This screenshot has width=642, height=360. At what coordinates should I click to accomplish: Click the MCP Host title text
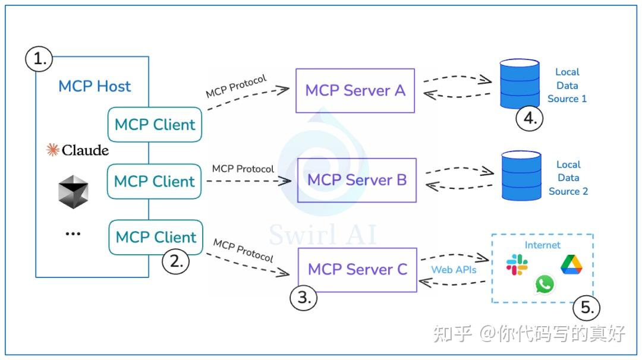95,86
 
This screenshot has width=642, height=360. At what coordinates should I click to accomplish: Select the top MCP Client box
155,125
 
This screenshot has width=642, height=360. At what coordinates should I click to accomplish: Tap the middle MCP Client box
155,181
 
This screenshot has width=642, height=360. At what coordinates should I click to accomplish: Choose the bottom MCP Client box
156,237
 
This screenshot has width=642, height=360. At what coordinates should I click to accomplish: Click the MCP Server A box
355,90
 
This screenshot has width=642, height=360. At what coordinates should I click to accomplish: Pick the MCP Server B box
357,179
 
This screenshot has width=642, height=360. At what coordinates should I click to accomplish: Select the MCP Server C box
357,269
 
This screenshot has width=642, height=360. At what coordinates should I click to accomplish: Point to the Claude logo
78,150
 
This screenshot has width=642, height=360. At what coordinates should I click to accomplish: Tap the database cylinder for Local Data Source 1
520,83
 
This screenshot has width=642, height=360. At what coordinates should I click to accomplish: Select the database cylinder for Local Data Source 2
521,175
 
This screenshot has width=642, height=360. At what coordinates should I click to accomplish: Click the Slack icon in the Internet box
517,264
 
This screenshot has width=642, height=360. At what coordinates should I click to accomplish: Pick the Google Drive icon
571,264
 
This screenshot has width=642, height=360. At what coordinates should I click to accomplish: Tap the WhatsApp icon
545,284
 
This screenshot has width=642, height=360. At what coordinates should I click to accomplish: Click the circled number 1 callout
39,59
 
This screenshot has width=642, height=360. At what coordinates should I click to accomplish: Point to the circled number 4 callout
530,118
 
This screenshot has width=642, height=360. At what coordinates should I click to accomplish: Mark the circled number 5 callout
586,308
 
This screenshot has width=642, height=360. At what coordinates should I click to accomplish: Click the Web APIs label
454,270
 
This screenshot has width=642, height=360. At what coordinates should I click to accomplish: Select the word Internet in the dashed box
542,245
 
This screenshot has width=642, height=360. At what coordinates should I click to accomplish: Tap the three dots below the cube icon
73,234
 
